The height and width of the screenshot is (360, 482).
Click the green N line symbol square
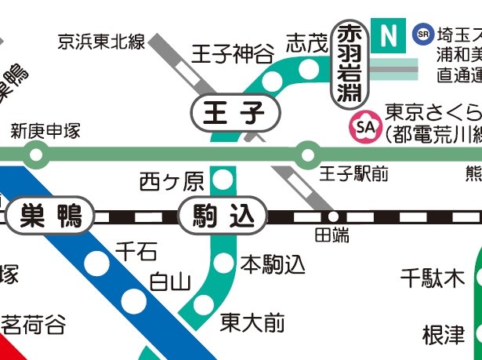(386, 35)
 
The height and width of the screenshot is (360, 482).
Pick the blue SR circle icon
(423, 34)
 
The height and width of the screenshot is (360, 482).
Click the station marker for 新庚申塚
(35, 155)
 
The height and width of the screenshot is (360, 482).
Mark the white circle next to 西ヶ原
(224, 181)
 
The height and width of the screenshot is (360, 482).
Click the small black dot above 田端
(333, 216)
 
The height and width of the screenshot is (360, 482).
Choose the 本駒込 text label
(273, 264)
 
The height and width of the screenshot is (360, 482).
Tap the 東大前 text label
(252, 322)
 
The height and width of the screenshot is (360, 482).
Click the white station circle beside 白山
(135, 301)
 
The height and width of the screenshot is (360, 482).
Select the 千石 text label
(136, 251)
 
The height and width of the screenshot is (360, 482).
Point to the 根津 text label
(444, 335)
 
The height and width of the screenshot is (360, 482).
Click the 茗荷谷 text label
(33, 324)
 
